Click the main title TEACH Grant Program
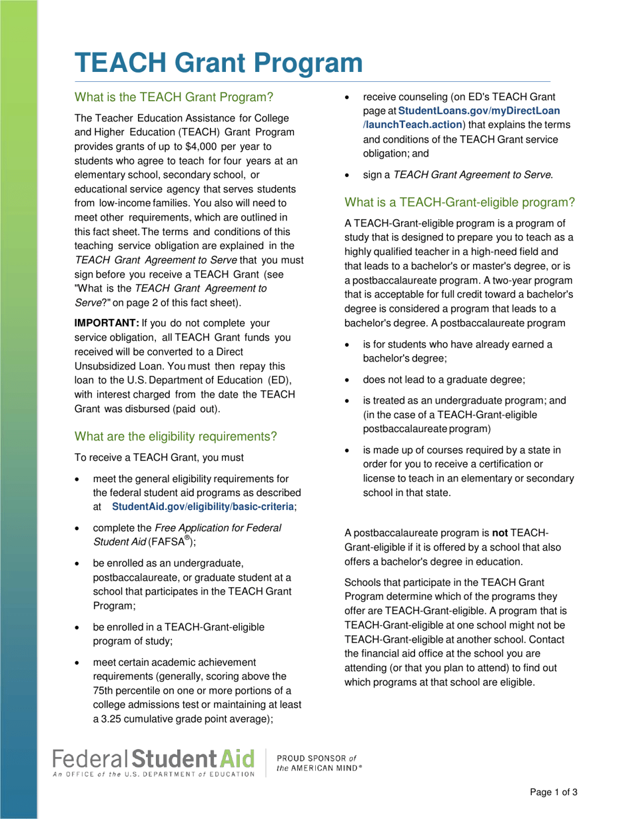click(x=219, y=63)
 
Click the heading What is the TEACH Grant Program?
click(x=174, y=97)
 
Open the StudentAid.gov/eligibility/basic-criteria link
click(x=203, y=507)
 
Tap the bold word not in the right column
click(x=500, y=533)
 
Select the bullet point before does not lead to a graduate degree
click(x=347, y=380)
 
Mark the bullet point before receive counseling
click(x=347, y=97)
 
